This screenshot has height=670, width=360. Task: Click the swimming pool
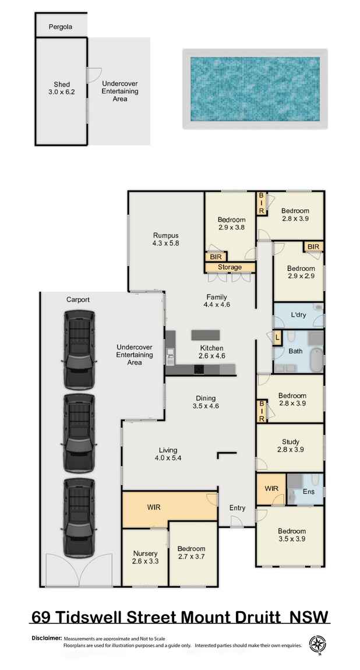click(x=255, y=89)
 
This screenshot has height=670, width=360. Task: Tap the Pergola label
click(x=61, y=27)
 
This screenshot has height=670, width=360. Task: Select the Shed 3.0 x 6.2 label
click(x=61, y=87)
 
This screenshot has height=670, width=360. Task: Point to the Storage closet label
click(x=230, y=267)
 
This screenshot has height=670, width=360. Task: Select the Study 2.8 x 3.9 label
click(x=290, y=445)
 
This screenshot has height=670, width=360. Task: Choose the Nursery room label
click(x=145, y=558)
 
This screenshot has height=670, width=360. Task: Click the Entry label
click(x=237, y=508)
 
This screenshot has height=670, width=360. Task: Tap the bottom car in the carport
click(x=79, y=516)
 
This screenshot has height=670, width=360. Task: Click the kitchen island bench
click(x=206, y=334)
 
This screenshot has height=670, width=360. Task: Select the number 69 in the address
click(x=41, y=616)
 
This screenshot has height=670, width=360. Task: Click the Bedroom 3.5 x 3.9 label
click(x=291, y=535)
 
